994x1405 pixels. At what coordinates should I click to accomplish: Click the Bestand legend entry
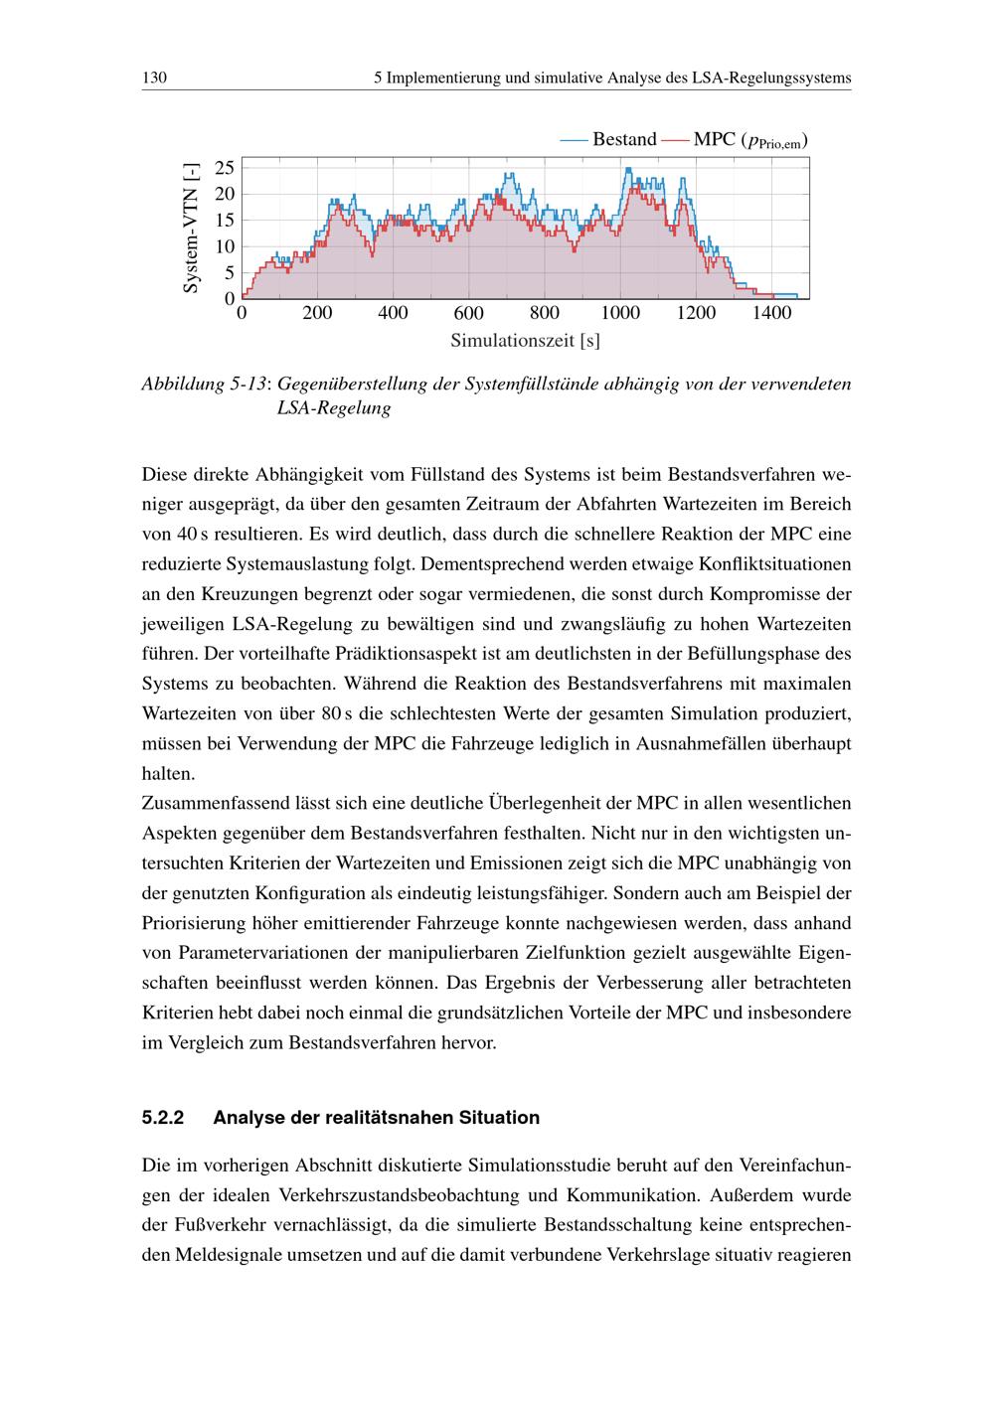(623, 139)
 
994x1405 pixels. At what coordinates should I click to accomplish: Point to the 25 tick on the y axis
(225, 167)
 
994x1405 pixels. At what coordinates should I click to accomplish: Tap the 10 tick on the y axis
(225, 246)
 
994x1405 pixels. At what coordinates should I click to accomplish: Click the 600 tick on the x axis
(468, 314)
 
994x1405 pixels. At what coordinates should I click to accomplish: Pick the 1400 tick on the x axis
(771, 314)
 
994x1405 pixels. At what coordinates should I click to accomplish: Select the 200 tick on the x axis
(317, 314)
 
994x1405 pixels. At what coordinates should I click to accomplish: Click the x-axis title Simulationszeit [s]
(525, 341)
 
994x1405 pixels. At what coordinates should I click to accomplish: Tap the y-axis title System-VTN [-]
(191, 229)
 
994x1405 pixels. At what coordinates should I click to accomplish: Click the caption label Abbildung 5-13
(204, 384)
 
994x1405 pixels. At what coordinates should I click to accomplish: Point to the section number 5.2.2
(164, 1118)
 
